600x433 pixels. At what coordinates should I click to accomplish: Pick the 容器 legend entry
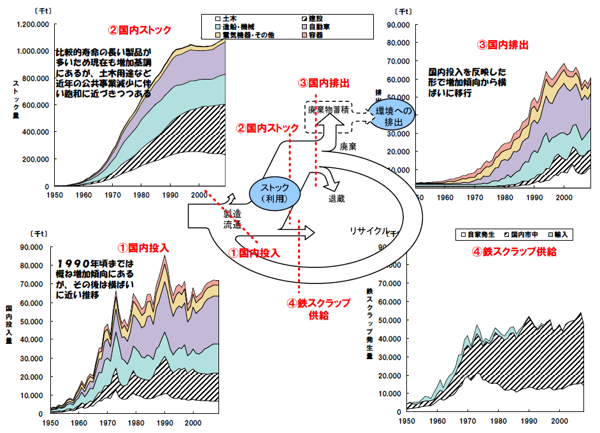315,36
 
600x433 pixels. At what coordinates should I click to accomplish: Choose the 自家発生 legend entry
476,234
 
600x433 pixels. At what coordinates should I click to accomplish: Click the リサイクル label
368,231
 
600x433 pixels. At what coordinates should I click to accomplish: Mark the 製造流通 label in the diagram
232,219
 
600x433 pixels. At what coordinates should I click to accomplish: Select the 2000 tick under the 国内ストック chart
199,194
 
